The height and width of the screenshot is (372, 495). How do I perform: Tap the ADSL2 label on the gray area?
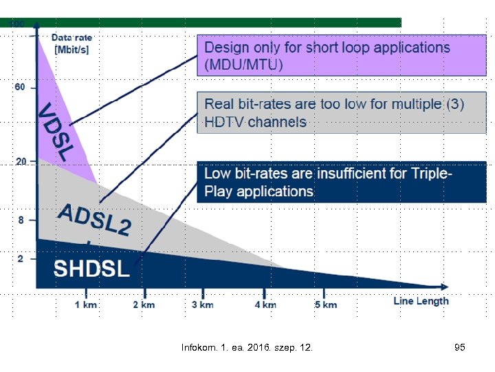[x=94, y=220]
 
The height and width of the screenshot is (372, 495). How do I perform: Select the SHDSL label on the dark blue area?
[x=91, y=269]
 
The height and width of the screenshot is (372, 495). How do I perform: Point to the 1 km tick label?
[x=86, y=304]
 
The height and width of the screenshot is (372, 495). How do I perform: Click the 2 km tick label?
[x=144, y=304]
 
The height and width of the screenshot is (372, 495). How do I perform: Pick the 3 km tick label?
[x=202, y=304]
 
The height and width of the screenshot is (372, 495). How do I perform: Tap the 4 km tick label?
[x=265, y=304]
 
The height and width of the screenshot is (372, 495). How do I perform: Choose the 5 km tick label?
[x=326, y=304]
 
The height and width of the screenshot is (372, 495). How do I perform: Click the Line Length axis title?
[x=421, y=301]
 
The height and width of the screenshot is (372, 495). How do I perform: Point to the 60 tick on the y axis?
[x=19, y=87]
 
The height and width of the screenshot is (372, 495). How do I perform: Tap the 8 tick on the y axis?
[x=21, y=220]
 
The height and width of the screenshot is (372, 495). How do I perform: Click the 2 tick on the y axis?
[x=21, y=258]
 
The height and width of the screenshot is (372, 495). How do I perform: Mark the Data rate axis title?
[x=72, y=43]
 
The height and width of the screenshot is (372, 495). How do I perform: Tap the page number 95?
[x=460, y=348]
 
